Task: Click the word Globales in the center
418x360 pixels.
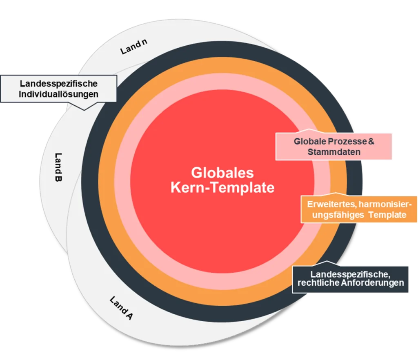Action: tap(222, 172)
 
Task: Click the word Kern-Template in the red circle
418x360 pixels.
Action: tap(222, 188)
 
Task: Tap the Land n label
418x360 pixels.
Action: tap(133, 49)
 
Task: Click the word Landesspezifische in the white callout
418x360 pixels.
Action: tap(59, 84)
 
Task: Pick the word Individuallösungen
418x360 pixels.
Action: tap(59, 94)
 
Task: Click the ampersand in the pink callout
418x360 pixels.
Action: tap(371, 142)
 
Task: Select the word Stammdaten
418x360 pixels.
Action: tap(334, 152)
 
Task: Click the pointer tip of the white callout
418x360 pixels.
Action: tap(85, 109)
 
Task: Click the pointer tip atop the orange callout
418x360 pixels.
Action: tap(336, 193)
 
